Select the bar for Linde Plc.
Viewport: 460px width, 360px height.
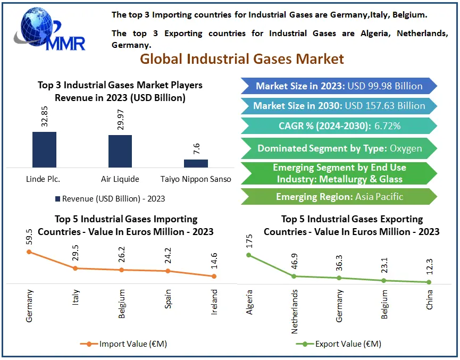click(x=44, y=149)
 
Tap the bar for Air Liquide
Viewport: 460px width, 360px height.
click(x=120, y=151)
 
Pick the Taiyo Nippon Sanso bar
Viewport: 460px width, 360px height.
click(x=196, y=163)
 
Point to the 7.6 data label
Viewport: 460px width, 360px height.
click(x=196, y=149)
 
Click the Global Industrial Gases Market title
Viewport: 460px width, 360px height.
click(x=242, y=58)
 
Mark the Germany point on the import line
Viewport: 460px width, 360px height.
click(x=29, y=252)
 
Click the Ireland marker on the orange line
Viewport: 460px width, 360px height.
click(x=214, y=276)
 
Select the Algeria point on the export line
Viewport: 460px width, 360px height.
click(x=248, y=255)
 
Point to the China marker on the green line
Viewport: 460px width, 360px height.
click(x=429, y=282)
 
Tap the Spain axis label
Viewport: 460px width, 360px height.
click(x=168, y=299)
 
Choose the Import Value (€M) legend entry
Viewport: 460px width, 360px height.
click(x=124, y=344)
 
